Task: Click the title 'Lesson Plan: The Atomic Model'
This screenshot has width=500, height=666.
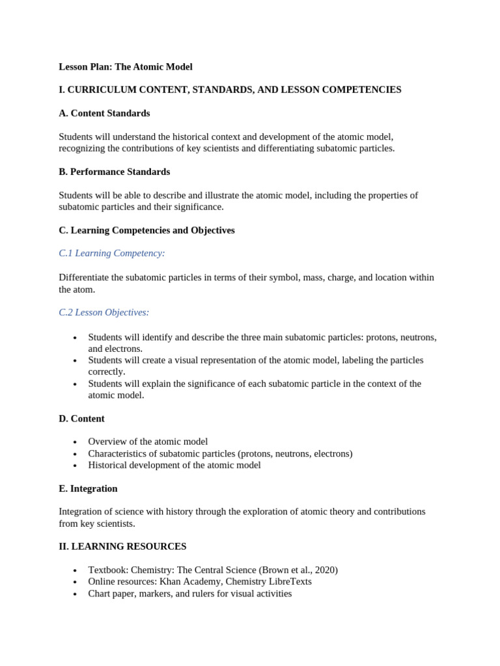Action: [x=126, y=67]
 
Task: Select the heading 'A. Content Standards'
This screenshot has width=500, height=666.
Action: [x=104, y=113]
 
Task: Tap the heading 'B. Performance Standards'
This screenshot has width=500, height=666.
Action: [x=114, y=172]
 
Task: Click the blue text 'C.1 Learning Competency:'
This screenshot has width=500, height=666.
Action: [x=112, y=253]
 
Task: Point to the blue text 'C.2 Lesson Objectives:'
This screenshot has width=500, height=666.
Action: [x=104, y=312]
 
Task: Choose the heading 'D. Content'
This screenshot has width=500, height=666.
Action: [x=81, y=419]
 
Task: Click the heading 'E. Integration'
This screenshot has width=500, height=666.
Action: [x=88, y=488]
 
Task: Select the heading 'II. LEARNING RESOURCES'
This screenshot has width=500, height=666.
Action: [x=122, y=546]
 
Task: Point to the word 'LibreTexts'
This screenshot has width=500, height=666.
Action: [x=288, y=581]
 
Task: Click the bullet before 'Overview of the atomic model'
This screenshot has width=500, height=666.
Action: [x=75, y=442]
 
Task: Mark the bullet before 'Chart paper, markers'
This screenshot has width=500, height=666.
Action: [x=75, y=594]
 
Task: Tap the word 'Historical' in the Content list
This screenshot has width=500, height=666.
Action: [x=109, y=465]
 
